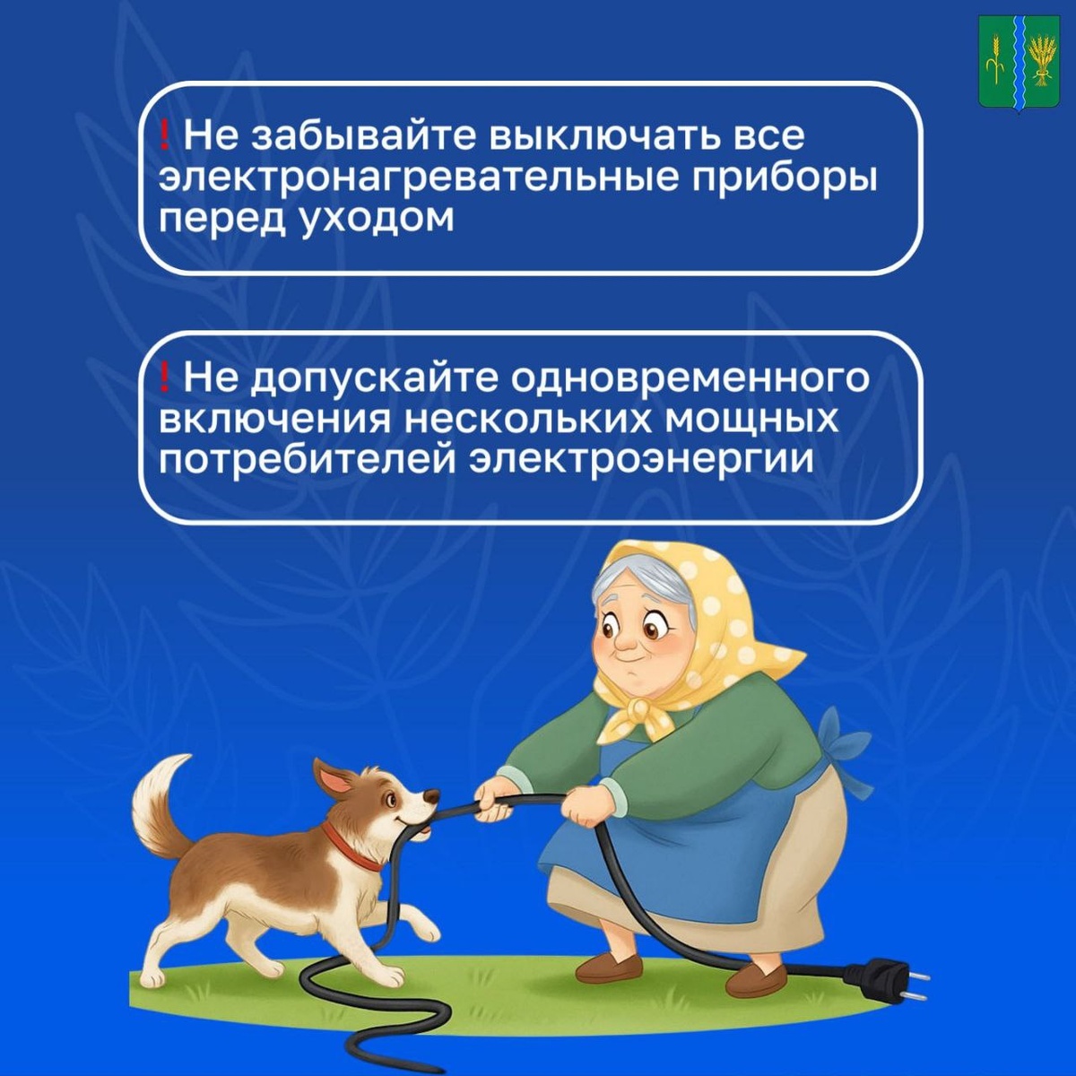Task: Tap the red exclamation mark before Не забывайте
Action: pos(164,136)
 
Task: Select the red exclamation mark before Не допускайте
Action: pos(164,377)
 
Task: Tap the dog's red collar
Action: pos(351,848)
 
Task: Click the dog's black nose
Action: pos(432,796)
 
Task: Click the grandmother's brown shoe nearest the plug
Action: pos(757,978)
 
